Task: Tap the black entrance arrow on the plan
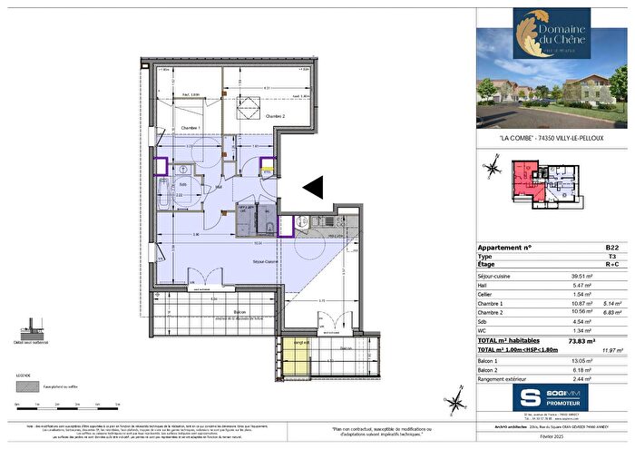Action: [312, 187]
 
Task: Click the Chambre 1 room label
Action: [190, 128]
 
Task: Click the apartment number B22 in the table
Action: [612, 247]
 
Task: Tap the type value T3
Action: [612, 257]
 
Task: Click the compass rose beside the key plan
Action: [493, 167]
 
